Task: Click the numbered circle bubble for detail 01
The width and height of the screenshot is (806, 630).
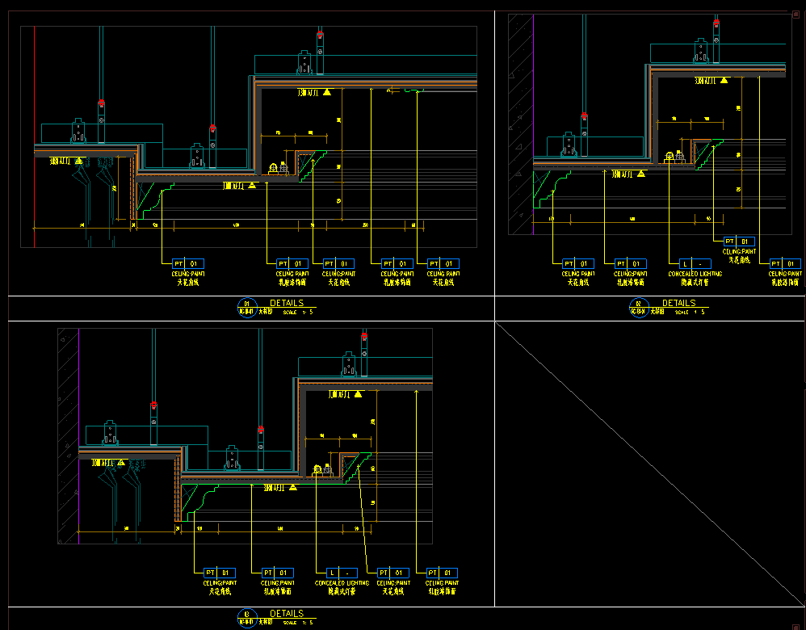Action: pyautogui.click(x=246, y=306)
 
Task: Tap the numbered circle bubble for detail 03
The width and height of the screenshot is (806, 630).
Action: pyautogui.click(x=246, y=617)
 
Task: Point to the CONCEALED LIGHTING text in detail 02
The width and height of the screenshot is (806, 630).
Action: pyautogui.click(x=695, y=274)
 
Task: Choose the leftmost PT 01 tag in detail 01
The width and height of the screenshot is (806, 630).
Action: pyautogui.click(x=188, y=263)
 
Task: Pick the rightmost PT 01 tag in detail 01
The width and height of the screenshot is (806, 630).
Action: pyautogui.click(x=443, y=263)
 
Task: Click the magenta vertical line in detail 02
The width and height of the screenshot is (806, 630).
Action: pyautogui.click(x=533, y=121)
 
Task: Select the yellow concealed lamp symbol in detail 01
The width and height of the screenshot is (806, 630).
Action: pyautogui.click(x=274, y=168)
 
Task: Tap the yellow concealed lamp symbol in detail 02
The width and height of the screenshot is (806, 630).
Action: pyautogui.click(x=669, y=157)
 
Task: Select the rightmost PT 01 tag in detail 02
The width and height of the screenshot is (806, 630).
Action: pyautogui.click(x=785, y=263)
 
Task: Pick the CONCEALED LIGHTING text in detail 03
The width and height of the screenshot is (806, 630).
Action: pyautogui.click(x=342, y=582)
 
